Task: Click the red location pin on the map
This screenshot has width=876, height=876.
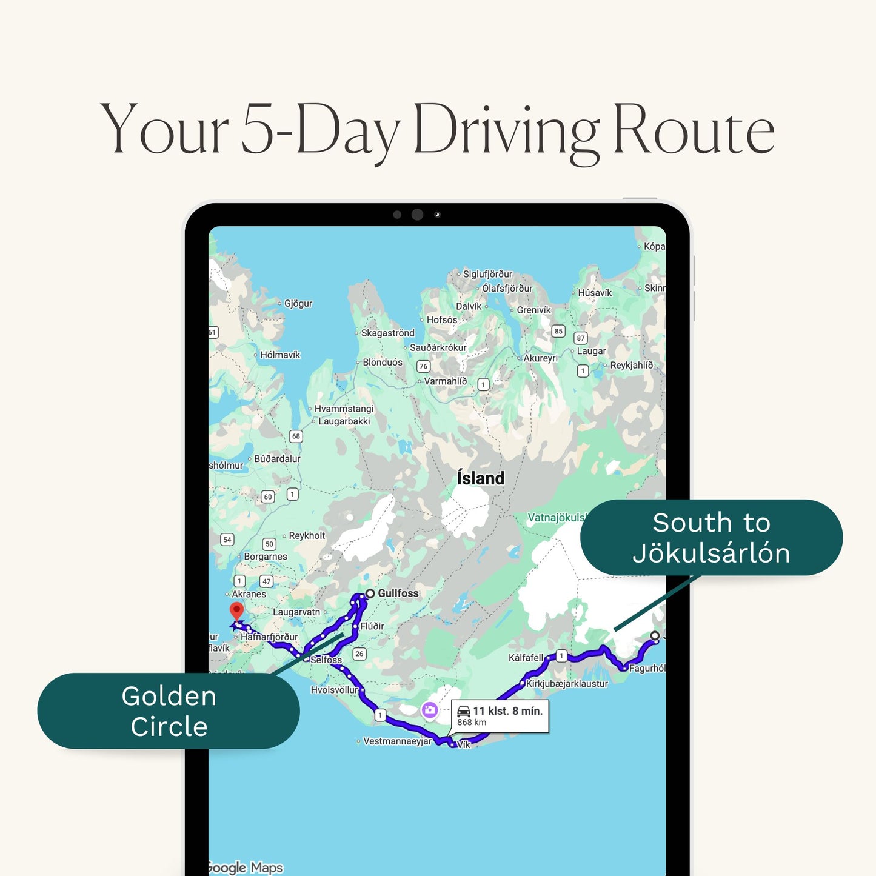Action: tap(236, 610)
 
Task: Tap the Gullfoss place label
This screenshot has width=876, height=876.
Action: tap(398, 593)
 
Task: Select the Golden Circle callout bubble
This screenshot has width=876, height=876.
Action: tap(169, 711)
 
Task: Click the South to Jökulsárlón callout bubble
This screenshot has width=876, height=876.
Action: tap(711, 538)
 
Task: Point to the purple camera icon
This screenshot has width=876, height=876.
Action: tap(430, 709)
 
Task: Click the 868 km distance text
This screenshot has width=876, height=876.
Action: tap(472, 723)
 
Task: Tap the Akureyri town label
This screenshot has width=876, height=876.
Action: tap(540, 358)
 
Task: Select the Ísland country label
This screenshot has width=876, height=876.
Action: tap(481, 478)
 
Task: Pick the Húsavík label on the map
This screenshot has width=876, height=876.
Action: tap(595, 293)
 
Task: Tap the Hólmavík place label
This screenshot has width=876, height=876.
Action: tap(280, 355)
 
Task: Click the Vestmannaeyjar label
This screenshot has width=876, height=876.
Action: tap(397, 741)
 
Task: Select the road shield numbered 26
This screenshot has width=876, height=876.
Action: tap(359, 654)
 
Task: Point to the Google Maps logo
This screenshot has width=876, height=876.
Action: tap(244, 868)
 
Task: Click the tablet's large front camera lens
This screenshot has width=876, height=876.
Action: tap(417, 214)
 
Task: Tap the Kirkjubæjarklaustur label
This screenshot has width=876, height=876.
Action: tap(567, 684)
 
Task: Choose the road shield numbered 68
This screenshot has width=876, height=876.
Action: tap(296, 436)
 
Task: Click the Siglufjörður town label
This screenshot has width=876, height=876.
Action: tap(487, 274)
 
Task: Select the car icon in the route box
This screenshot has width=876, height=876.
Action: tap(464, 711)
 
